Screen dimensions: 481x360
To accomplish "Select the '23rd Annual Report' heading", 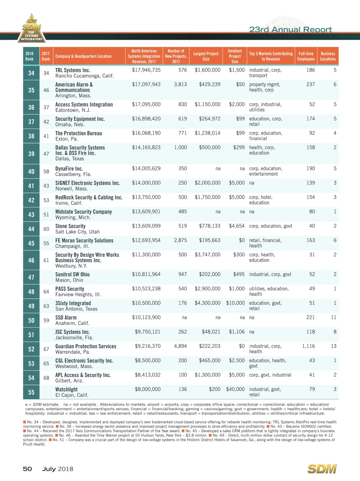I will (290, 29).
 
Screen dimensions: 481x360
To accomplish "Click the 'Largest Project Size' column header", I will (206, 56).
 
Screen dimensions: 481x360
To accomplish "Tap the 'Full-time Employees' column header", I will (306, 56).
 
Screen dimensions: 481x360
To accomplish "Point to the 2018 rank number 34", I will (31, 73).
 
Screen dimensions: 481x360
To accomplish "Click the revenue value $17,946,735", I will (146, 70).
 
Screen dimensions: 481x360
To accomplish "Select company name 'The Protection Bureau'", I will (79, 133).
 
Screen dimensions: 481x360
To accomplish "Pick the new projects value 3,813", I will (180, 84).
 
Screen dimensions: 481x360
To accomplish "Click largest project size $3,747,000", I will (207, 254).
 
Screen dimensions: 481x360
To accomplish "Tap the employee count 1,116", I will (308, 346).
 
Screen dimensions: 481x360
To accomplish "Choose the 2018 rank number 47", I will (31, 277).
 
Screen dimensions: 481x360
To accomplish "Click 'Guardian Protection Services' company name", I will (86, 346).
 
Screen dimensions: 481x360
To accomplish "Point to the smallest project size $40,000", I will (235, 389).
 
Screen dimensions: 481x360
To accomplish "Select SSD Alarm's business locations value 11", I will (333, 317).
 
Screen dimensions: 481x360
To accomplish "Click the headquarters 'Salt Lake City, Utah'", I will (77, 232).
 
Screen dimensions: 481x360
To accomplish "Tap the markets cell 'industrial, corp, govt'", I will (270, 274).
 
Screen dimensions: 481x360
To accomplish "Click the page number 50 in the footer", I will (27, 469).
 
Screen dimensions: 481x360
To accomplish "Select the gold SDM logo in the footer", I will (322, 469).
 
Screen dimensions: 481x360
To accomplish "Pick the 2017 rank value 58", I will (46, 171).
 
